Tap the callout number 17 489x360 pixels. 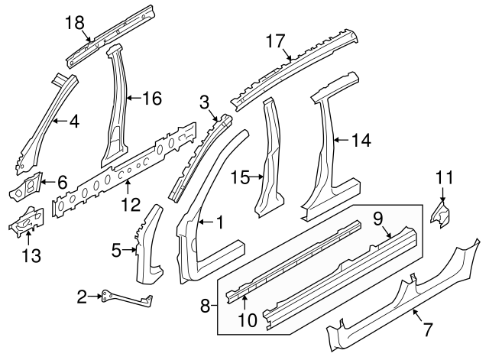[x=274, y=40]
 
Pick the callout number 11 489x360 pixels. [x=445, y=179]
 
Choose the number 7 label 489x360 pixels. [x=427, y=331]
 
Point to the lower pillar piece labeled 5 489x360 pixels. [x=151, y=241]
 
